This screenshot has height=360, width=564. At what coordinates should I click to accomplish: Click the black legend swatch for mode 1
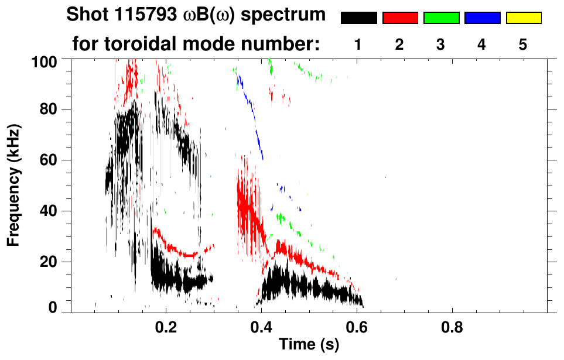(x=358, y=18)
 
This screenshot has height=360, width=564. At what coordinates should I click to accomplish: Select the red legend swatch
(x=400, y=18)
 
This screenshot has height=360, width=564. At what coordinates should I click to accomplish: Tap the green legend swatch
(x=441, y=18)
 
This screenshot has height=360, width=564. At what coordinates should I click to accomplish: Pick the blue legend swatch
(x=482, y=18)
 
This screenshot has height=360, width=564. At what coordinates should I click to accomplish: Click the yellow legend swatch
(x=524, y=18)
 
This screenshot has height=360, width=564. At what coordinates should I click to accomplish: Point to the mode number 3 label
(x=441, y=44)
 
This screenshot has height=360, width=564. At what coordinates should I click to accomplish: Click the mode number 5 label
(x=524, y=44)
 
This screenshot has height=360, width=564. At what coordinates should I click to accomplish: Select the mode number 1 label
(x=358, y=44)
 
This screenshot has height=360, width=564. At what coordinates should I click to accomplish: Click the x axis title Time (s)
(x=308, y=346)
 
